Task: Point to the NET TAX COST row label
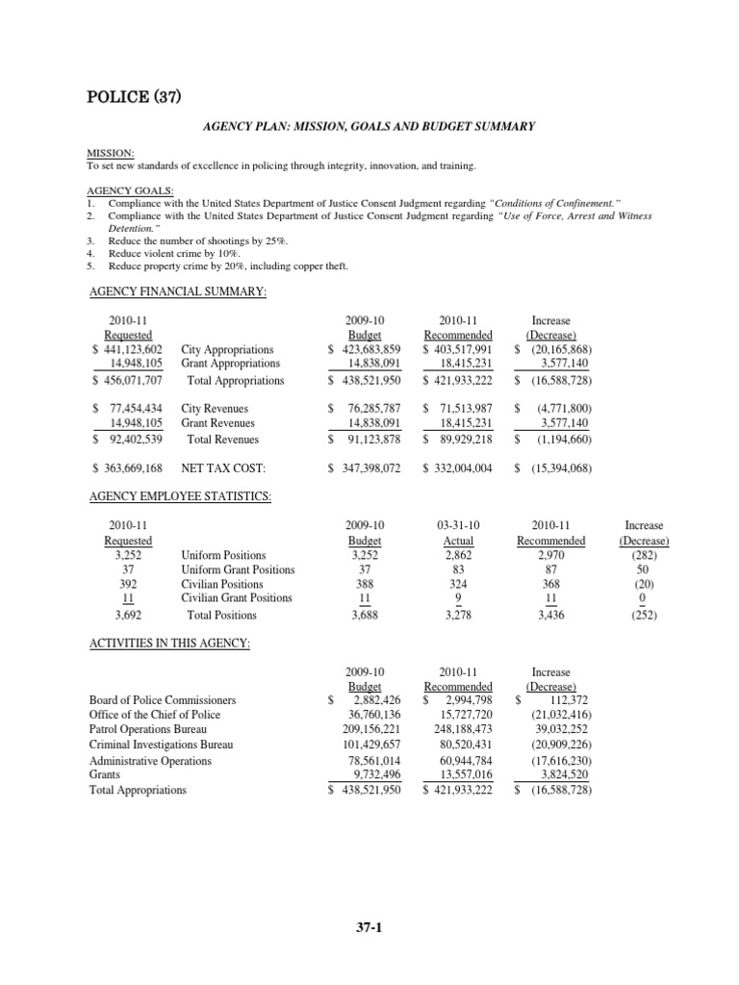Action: pyautogui.click(x=222, y=468)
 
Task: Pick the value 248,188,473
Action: pyautogui.click(x=459, y=730)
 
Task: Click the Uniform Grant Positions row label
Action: pyautogui.click(x=238, y=569)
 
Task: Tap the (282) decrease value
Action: pyautogui.click(x=644, y=555)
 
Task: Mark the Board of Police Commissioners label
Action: pyautogui.click(x=162, y=700)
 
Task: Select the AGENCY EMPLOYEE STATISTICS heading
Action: pyautogui.click(x=180, y=496)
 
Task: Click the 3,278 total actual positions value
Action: pyautogui.click(x=459, y=616)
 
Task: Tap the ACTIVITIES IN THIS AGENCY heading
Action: pyautogui.click(x=168, y=643)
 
